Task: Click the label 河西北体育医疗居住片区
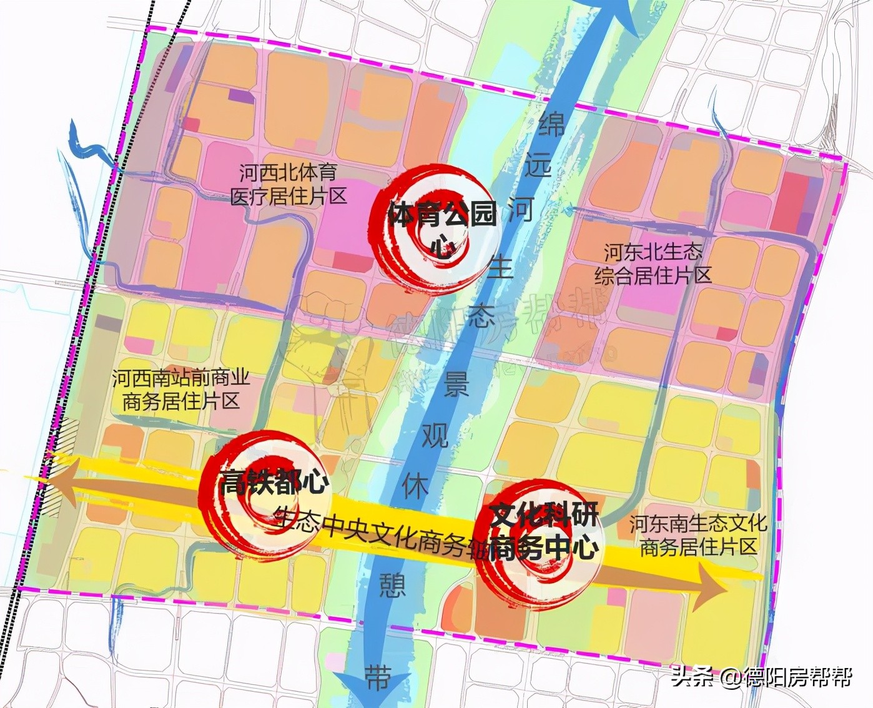click(288, 184)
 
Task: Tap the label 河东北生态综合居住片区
click(653, 263)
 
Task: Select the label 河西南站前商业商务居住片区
click(181, 390)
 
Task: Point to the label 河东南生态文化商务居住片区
click(698, 535)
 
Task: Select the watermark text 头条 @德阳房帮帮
click(761, 677)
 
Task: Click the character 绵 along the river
click(551, 124)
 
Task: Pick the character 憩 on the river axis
click(392, 586)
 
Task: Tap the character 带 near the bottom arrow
click(377, 677)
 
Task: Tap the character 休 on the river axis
click(415, 485)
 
